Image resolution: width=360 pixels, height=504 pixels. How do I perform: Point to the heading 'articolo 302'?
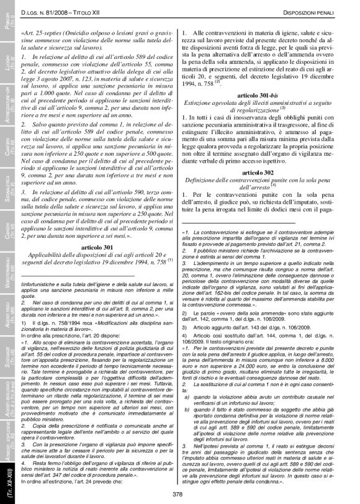(259, 171)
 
